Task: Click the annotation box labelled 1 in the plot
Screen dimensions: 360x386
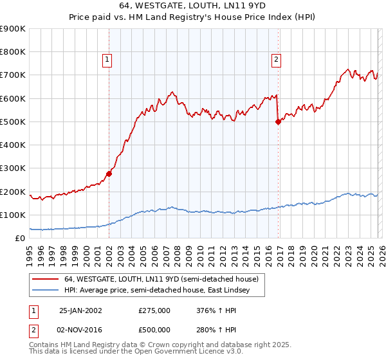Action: tap(108, 60)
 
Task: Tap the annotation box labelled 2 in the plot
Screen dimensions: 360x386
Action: tap(276, 60)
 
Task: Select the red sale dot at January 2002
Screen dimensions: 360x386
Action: tap(109, 174)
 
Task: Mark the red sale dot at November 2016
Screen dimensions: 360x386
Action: tap(278, 122)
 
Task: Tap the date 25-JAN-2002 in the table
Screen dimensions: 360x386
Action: tap(80, 310)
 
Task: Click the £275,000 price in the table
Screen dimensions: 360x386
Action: tap(154, 310)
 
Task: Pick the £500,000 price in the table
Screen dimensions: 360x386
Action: tap(154, 330)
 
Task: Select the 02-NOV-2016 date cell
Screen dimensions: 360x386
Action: tap(80, 330)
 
